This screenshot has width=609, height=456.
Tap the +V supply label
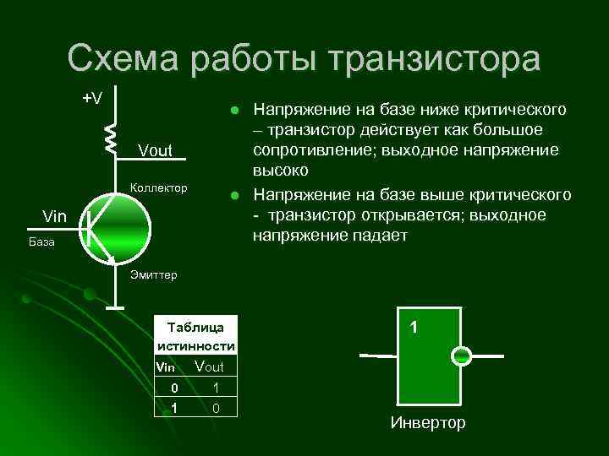(x=92, y=98)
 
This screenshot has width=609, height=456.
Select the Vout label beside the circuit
(x=154, y=151)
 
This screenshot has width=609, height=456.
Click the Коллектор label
(x=157, y=186)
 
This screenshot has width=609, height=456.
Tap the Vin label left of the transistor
(x=56, y=218)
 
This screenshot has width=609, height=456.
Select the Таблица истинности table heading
(x=195, y=336)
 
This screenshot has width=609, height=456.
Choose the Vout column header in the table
(x=209, y=366)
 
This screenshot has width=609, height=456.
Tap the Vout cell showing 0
(x=217, y=408)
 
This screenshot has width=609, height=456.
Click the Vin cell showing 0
(x=173, y=388)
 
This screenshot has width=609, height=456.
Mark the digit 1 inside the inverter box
(x=414, y=326)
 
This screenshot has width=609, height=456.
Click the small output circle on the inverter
(x=461, y=356)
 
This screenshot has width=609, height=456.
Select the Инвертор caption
(x=428, y=422)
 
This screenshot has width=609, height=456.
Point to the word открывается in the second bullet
(x=396, y=215)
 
